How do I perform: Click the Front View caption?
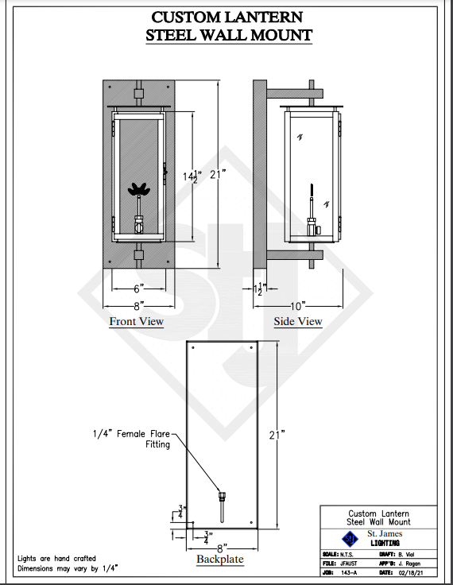(x=136, y=321)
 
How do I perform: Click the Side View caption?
(x=298, y=321)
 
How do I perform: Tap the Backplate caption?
(x=220, y=559)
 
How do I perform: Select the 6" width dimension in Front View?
(x=139, y=289)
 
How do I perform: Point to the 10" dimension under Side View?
(x=297, y=306)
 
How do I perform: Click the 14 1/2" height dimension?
(x=192, y=176)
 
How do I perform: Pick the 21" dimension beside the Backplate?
(x=277, y=435)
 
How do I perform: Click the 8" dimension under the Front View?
(x=139, y=306)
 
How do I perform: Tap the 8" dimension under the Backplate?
(x=222, y=548)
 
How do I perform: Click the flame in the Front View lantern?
(x=139, y=189)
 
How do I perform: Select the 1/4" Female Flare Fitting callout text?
(x=131, y=439)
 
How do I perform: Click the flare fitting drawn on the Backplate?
(x=223, y=507)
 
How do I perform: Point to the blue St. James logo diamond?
(x=350, y=538)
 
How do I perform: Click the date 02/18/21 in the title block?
(x=411, y=573)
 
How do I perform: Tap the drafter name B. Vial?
(x=405, y=555)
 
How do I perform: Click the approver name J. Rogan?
(x=408, y=564)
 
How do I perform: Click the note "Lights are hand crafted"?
(x=56, y=559)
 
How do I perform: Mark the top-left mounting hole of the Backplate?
(x=193, y=347)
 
